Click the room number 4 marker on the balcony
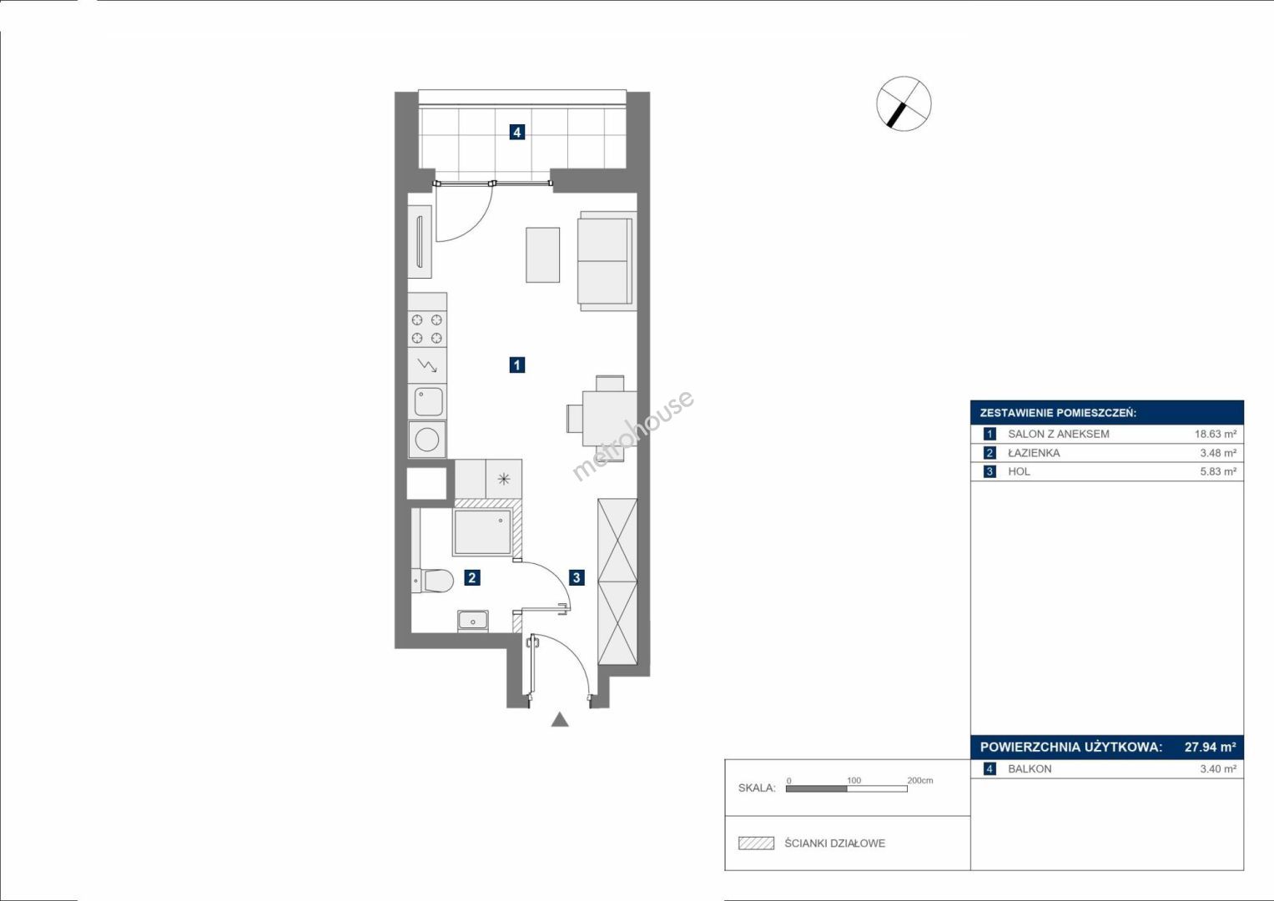click(516, 133)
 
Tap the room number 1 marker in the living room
click(516, 365)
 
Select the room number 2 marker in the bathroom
click(471, 578)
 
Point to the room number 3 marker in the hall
click(577, 578)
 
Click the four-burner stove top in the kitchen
click(427, 329)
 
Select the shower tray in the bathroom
click(483, 532)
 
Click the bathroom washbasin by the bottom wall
click(472, 621)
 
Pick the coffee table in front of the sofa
click(542, 254)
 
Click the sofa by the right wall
click(607, 261)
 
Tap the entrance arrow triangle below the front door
click(560, 719)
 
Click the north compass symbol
click(904, 104)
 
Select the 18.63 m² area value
click(1216, 434)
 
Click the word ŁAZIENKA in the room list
click(1034, 453)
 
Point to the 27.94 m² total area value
click(1211, 747)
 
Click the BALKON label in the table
click(1030, 769)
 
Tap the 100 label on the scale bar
click(854, 780)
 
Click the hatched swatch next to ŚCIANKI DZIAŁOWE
click(757, 843)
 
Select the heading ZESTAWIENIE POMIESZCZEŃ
click(1059, 414)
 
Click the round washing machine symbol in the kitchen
click(427, 439)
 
